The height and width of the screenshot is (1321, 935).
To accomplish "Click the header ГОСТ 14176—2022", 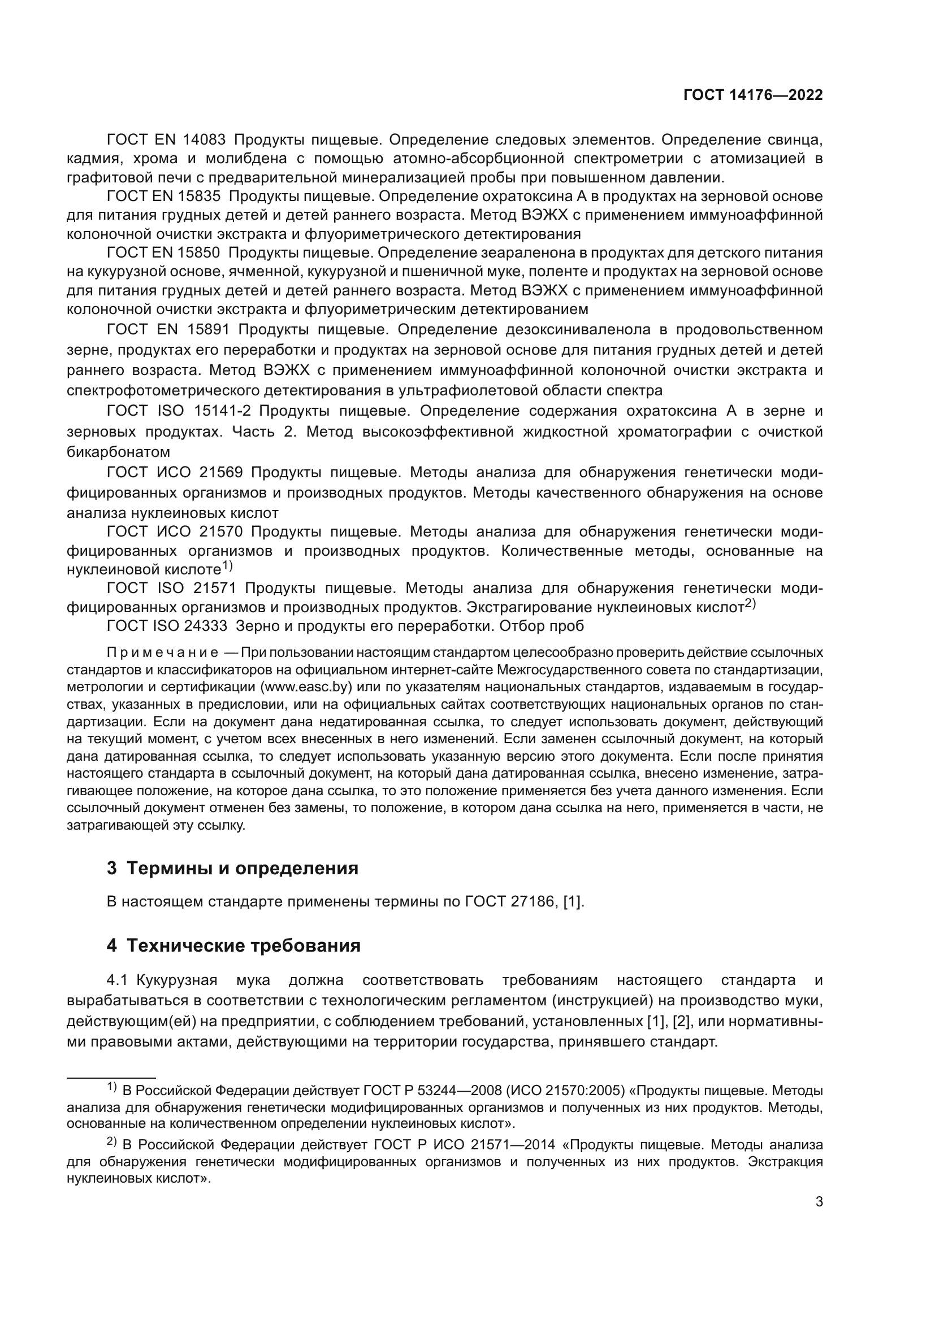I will pos(752,95).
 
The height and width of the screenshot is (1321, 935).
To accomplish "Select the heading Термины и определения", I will pos(242,868).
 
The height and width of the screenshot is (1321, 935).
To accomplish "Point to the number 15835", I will pos(199,197).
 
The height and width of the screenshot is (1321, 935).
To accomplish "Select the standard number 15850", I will pos(199,253).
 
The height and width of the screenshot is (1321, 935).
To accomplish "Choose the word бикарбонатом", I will pos(118,451).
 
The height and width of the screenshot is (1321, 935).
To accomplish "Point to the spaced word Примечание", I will pos(162,652).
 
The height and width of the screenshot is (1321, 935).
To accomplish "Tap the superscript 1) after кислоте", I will pos(227,566).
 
